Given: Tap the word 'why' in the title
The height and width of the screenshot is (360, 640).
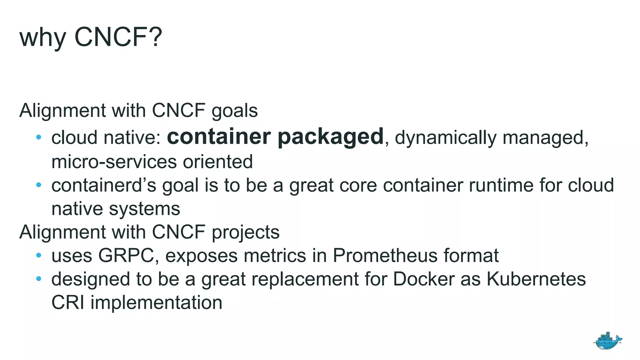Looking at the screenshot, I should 42,38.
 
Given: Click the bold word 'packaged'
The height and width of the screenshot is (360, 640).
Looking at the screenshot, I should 330,137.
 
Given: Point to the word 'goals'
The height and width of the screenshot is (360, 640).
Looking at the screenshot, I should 234,111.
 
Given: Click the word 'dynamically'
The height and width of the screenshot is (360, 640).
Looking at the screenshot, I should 446,138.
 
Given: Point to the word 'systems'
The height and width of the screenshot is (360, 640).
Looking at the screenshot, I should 144,209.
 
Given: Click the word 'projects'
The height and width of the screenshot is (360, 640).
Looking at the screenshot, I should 246,233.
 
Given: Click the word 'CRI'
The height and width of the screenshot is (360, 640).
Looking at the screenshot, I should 68,302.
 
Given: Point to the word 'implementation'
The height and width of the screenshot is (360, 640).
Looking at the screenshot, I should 156,303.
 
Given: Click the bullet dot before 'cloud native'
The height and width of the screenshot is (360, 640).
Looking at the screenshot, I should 39,137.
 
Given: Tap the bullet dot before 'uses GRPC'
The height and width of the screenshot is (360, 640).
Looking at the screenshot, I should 39,255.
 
